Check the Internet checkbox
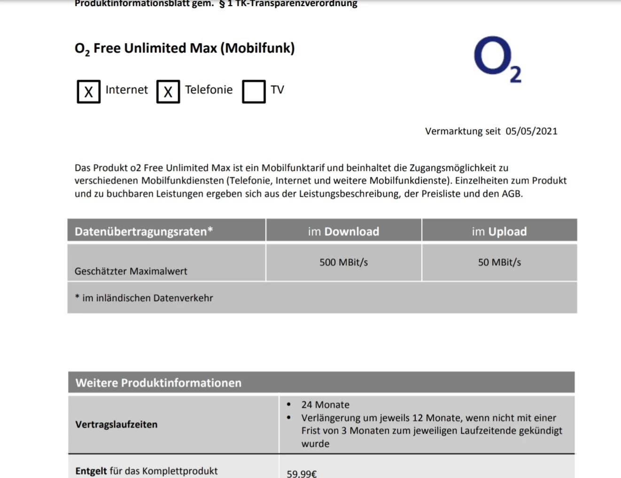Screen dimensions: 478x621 click(x=88, y=91)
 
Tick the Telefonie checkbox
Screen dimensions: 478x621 click(x=168, y=91)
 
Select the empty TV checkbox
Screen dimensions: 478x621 click(x=254, y=91)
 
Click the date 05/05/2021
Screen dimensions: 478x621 click(x=531, y=131)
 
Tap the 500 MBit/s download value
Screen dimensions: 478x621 click(x=343, y=262)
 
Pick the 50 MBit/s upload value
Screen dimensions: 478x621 click(x=499, y=262)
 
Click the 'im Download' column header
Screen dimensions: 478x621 click(x=343, y=231)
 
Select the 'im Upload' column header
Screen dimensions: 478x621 click(x=499, y=231)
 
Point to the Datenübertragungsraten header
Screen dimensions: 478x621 click(x=144, y=231)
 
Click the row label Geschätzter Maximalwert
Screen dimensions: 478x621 click(x=131, y=271)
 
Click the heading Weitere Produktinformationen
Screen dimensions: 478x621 click(x=158, y=383)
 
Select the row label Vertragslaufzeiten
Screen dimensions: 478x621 click(x=116, y=424)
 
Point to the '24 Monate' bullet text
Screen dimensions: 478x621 click(x=325, y=405)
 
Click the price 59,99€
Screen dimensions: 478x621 click(x=302, y=473)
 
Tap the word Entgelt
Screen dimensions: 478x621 click(x=91, y=471)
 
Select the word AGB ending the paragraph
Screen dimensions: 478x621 click(x=512, y=194)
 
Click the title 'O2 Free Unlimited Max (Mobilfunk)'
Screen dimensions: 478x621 click(x=185, y=49)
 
